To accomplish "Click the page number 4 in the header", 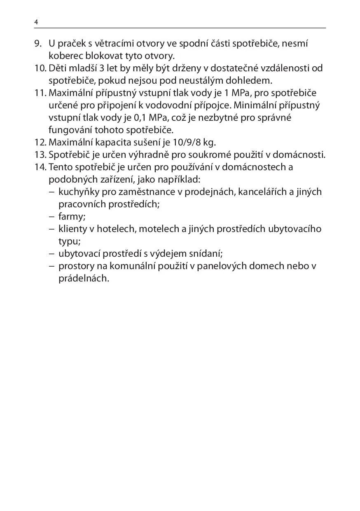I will (36, 22).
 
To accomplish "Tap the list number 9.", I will (38, 43).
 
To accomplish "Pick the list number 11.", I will (40, 93).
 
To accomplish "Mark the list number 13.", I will (40, 155).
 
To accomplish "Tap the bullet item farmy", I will (71, 216).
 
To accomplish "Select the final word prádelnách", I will (84, 278).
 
